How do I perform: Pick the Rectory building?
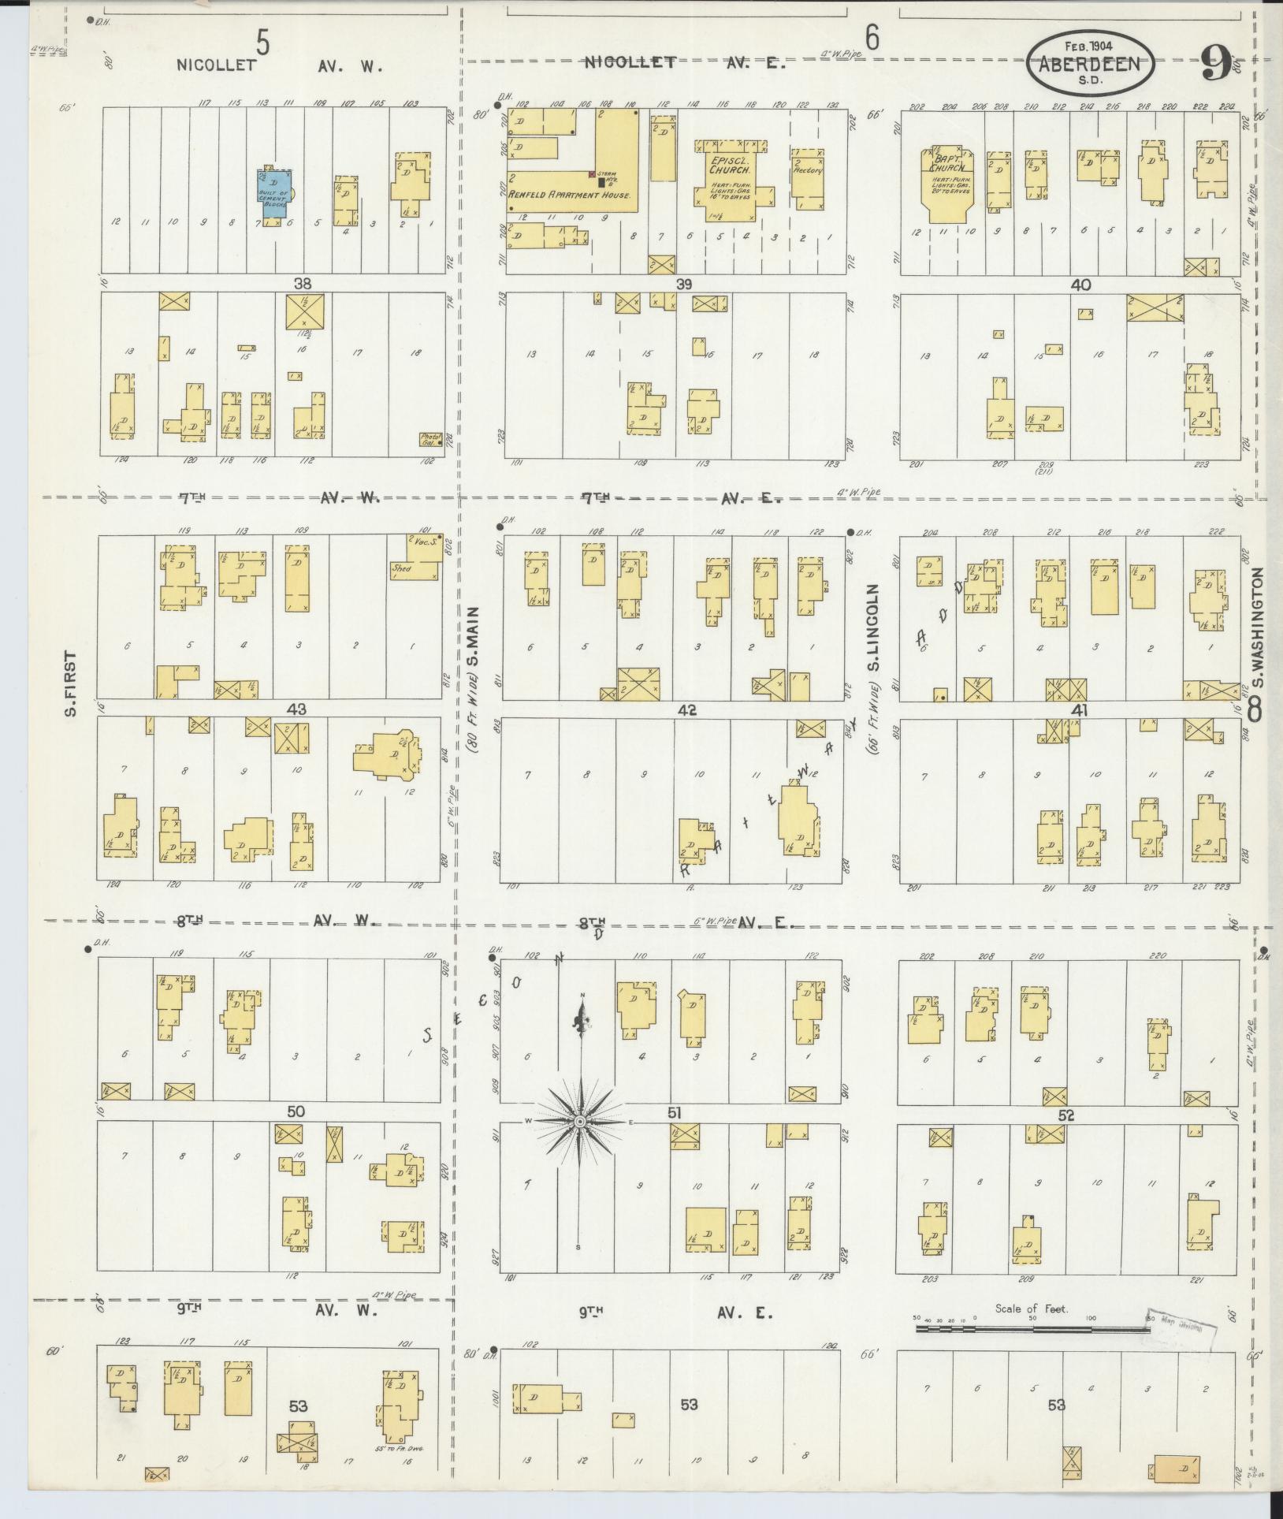807,178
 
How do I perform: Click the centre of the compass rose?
579,1121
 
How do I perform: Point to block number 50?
296,1111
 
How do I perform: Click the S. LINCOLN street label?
872,638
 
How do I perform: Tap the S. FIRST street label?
71,683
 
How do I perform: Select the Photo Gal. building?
430,439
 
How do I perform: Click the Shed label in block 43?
401,567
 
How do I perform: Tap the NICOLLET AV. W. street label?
280,66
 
